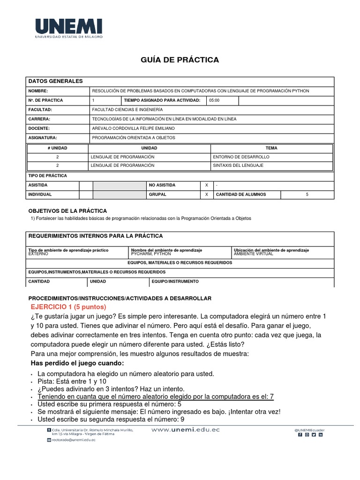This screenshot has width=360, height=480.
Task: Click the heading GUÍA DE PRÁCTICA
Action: coord(180,60)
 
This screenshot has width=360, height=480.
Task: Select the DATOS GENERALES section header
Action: coord(56,82)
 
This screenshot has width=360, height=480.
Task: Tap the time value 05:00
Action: coord(214,100)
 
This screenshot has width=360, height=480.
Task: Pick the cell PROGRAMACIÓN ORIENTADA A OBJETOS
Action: coord(134,138)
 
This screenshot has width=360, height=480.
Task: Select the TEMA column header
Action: coord(271,148)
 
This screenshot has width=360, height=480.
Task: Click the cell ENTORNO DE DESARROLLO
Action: coord(241,157)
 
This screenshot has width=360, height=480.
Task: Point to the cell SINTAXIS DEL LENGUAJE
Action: coord(238,165)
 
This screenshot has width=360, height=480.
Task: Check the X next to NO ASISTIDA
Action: coord(207,185)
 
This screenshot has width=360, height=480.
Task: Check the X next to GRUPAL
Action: coord(207,194)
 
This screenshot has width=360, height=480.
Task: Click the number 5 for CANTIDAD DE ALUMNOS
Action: coord(307,194)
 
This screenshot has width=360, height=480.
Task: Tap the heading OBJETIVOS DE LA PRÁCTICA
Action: coord(68,211)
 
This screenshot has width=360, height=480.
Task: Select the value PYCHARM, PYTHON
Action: coord(151,254)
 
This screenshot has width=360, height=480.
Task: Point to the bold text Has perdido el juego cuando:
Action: coord(77,363)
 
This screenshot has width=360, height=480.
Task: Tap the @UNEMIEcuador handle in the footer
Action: coord(309,429)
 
